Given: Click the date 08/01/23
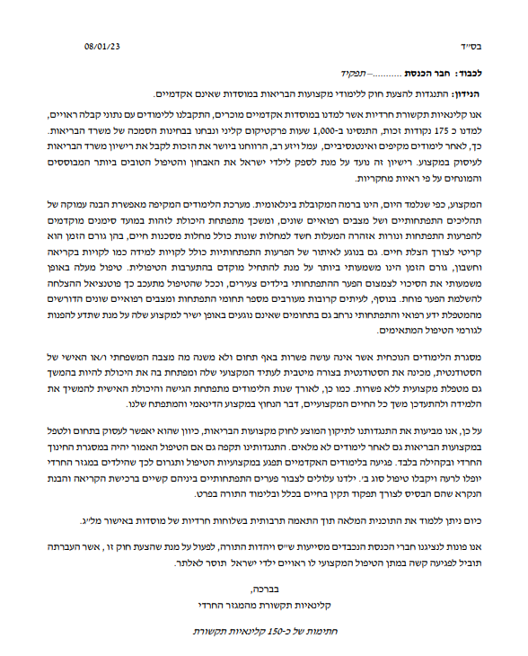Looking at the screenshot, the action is (x=105, y=44).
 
